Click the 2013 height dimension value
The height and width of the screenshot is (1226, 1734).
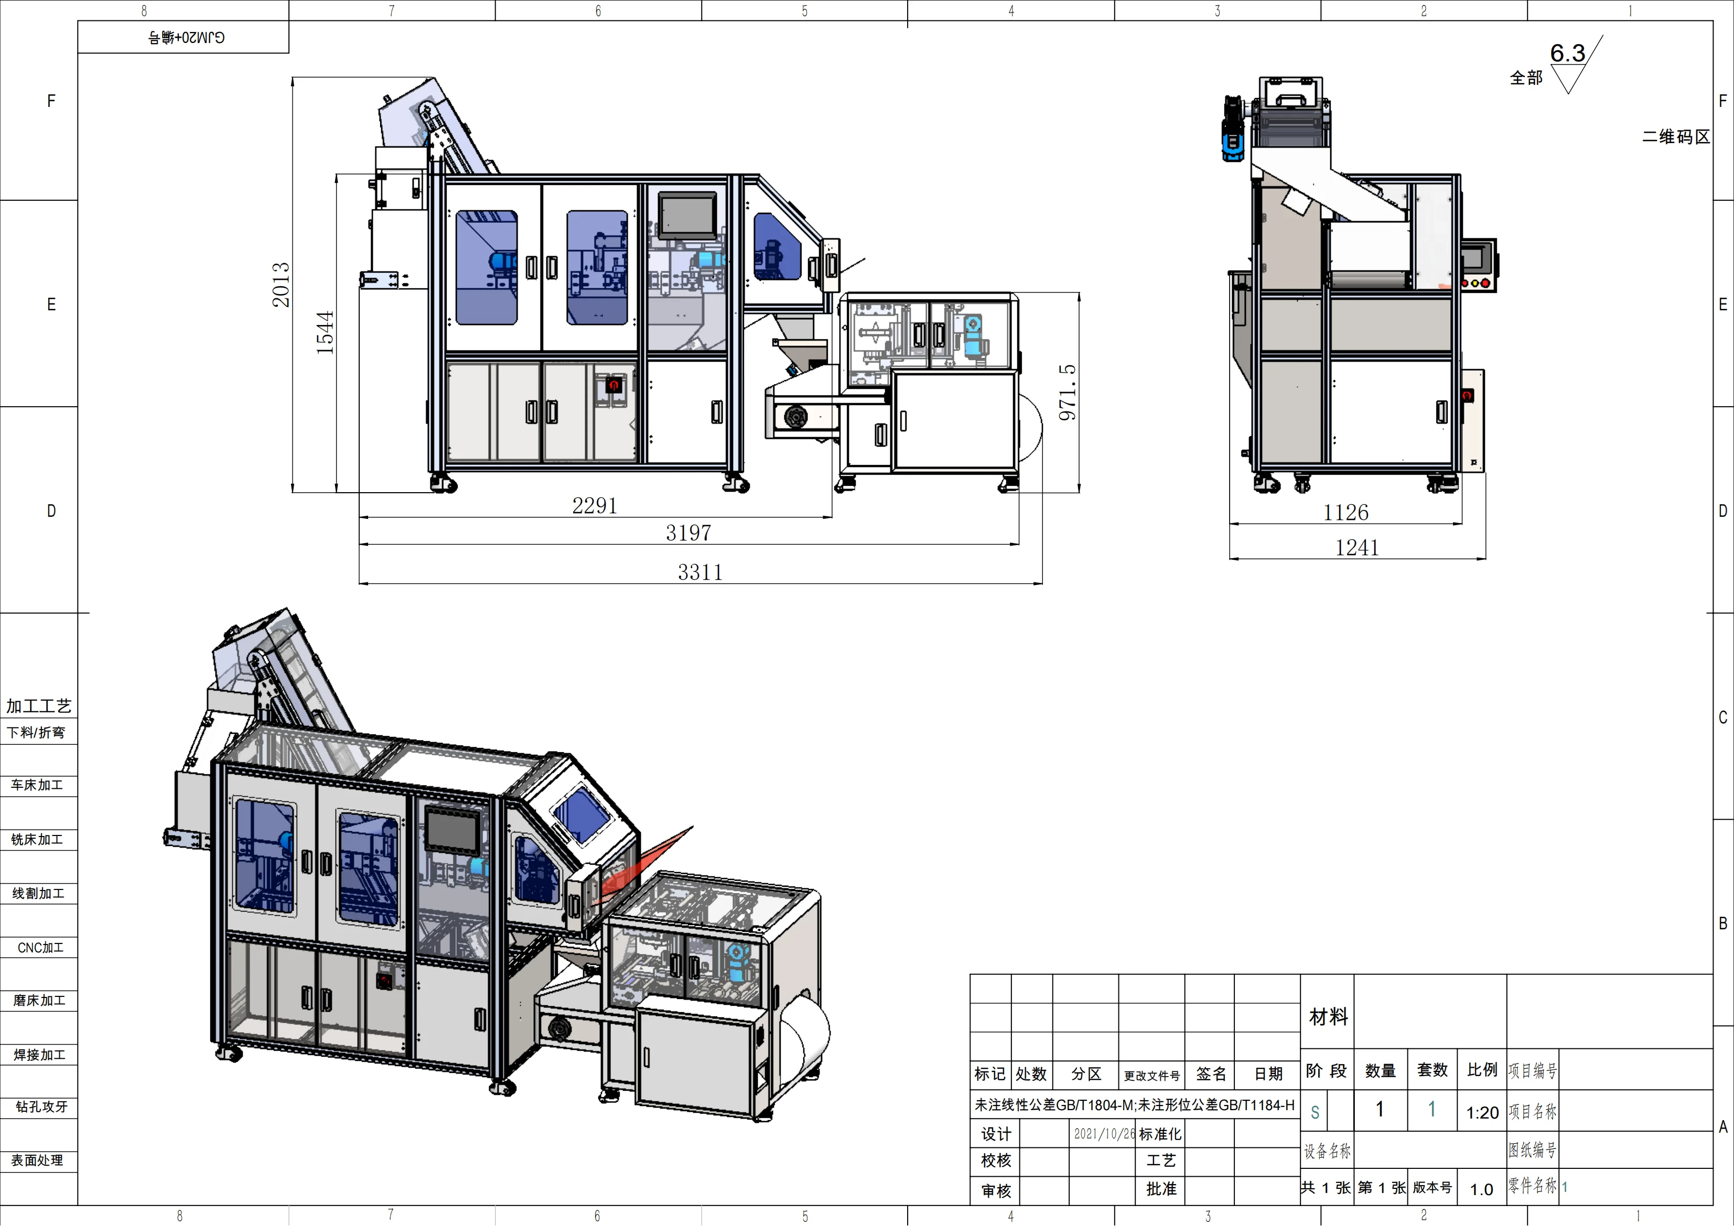pos(281,285)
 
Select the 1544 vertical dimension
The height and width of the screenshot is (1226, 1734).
pos(325,333)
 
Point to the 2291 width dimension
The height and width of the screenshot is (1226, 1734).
pos(595,506)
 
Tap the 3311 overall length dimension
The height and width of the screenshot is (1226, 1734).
pos(700,572)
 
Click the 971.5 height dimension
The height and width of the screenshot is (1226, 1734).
pos(1067,393)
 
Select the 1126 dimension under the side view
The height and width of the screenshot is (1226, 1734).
pos(1346,513)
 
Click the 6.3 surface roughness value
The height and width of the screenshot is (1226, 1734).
pos(1567,53)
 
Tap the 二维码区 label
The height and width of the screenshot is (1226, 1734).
pos(1675,137)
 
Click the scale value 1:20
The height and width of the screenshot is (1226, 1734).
pos(1482,1113)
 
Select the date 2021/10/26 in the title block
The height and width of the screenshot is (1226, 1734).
pos(1104,1134)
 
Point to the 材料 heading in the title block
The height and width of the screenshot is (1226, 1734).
pos(1329,1017)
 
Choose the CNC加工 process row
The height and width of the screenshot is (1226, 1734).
pos(40,948)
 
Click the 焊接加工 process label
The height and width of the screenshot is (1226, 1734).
pos(39,1055)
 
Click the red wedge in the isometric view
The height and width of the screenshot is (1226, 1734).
pos(650,861)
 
